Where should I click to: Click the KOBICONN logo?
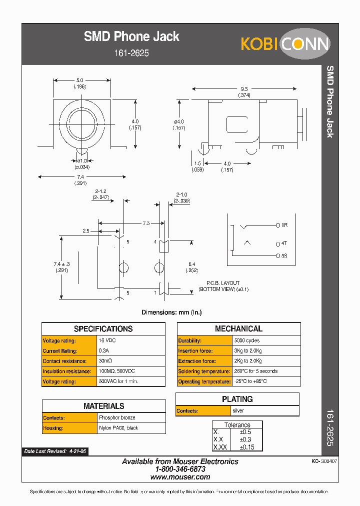(x=285, y=43)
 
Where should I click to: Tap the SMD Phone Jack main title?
(x=131, y=36)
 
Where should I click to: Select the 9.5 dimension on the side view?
(x=244, y=89)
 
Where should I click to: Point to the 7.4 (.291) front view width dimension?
(x=82, y=179)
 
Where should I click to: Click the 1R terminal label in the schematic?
(x=284, y=225)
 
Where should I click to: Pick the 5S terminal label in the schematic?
(x=283, y=255)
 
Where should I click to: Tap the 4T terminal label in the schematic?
(x=283, y=244)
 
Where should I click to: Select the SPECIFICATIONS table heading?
(x=103, y=329)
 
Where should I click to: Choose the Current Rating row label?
(x=60, y=351)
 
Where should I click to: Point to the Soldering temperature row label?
(x=203, y=371)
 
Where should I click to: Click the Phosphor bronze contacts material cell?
(x=117, y=417)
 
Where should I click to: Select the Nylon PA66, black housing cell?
(x=118, y=428)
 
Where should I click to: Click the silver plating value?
(x=238, y=411)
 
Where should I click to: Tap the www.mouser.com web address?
(x=180, y=477)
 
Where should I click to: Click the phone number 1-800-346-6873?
(x=180, y=469)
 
